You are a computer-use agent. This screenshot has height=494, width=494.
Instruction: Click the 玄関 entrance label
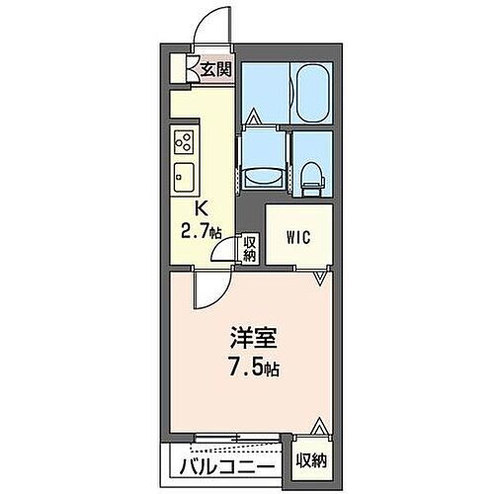point(216,69)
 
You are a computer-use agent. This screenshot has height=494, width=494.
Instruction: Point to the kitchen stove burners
point(183,140)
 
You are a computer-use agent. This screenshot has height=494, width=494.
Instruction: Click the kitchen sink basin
point(185,179)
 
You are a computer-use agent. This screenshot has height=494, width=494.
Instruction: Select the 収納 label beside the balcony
point(311,460)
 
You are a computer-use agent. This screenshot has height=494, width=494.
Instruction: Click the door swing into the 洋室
point(209,291)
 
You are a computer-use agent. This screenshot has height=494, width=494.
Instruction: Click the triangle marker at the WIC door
point(318,280)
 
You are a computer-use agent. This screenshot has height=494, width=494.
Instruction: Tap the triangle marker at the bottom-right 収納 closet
point(318,427)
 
